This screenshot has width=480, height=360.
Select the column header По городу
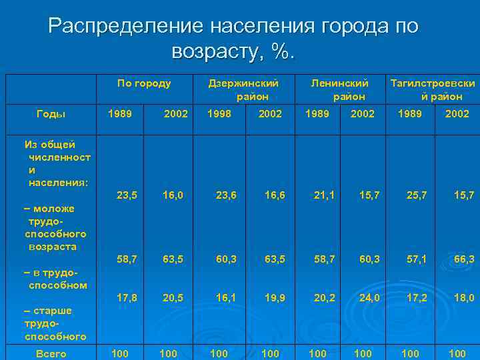(x=144, y=83)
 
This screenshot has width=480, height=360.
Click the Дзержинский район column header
(x=243, y=90)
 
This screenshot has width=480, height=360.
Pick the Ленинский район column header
(x=340, y=90)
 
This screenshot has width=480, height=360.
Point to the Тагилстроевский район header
(x=433, y=90)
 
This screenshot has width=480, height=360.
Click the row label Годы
(x=51, y=114)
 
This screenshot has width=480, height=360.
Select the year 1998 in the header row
(x=219, y=114)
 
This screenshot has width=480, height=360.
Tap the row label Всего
(x=51, y=353)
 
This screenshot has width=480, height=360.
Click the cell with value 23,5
(x=127, y=195)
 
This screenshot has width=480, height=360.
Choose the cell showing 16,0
(x=173, y=195)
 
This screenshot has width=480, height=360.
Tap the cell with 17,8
(x=127, y=298)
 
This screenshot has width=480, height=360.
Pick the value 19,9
(x=274, y=298)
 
